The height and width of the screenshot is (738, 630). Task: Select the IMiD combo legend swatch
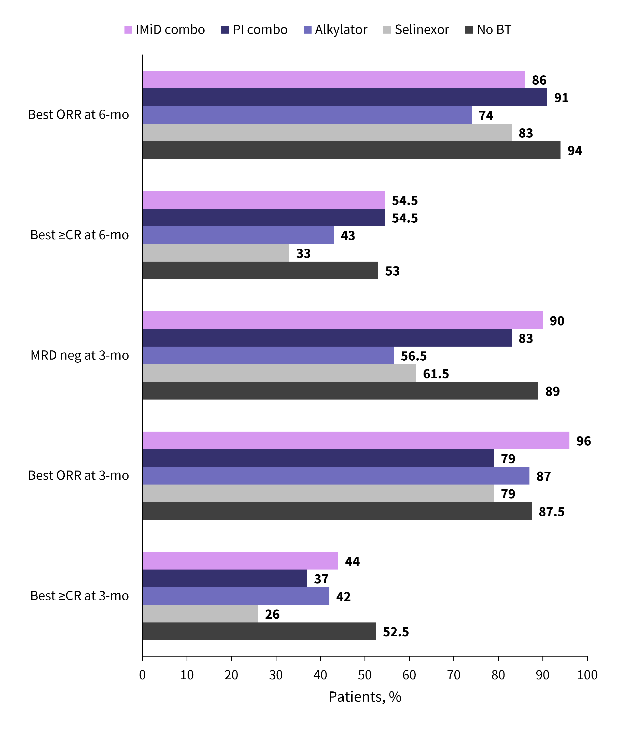128,30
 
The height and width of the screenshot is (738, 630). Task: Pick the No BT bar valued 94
351,150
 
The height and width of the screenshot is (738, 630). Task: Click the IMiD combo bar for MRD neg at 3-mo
342,320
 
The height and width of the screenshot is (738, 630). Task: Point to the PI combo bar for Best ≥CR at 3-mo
225,578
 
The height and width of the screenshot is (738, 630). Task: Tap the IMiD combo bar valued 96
356,441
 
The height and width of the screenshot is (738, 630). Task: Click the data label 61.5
436,374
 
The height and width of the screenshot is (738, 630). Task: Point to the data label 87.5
551,512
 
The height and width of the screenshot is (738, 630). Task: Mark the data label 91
561,97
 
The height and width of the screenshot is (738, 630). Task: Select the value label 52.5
396,632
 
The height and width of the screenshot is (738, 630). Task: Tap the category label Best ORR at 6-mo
78,115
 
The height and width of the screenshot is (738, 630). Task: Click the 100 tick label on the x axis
587,675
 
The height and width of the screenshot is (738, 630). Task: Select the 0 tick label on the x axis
143,675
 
